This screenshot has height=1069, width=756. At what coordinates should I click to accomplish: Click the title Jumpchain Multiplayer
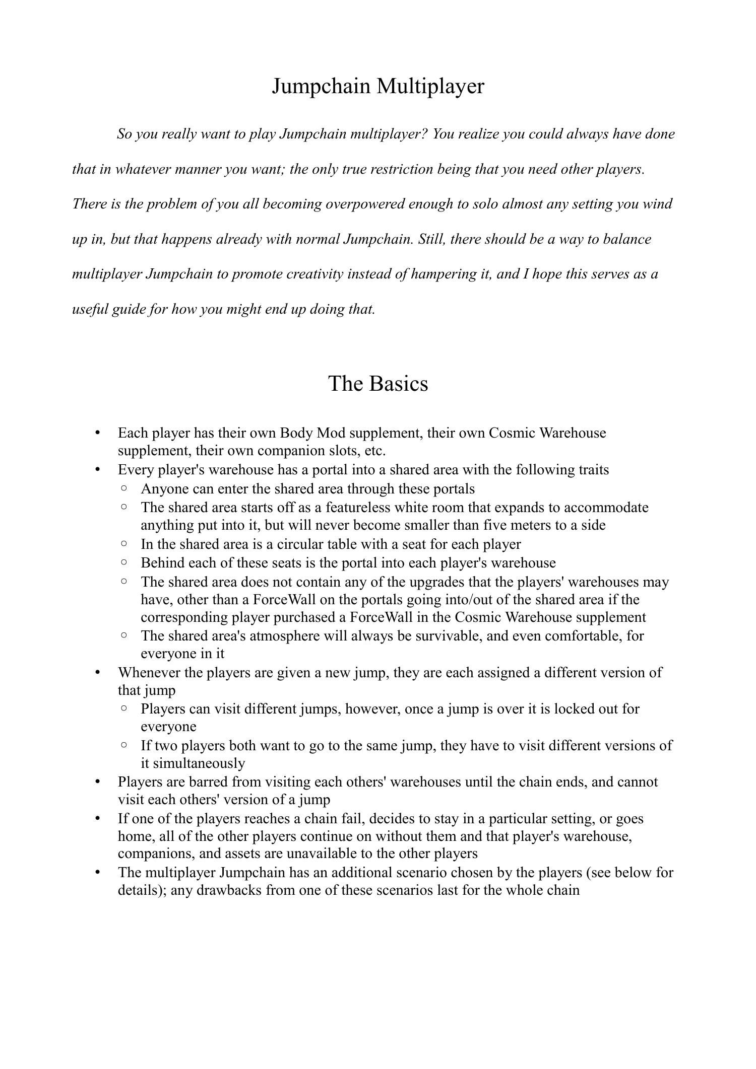pyautogui.click(x=377, y=86)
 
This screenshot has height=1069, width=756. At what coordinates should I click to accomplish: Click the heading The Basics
pyautogui.click(x=378, y=383)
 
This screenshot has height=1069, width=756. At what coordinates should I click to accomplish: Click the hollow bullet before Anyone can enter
pyautogui.click(x=124, y=488)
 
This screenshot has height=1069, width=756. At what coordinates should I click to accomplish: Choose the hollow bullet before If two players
pyautogui.click(x=124, y=744)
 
